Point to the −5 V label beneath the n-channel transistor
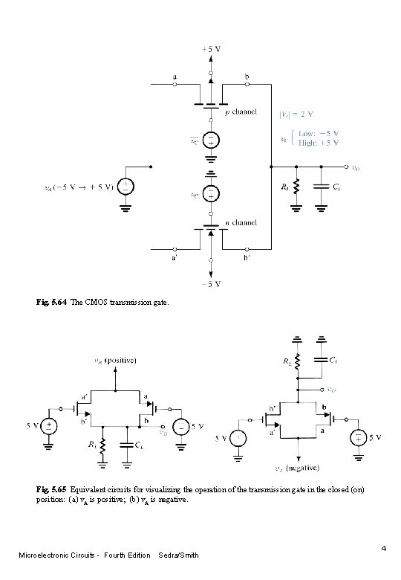(212, 283)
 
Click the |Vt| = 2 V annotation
(297, 115)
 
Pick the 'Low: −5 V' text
(320, 135)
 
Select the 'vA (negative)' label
(297, 468)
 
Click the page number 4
(383, 549)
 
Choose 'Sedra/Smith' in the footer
(179, 555)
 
